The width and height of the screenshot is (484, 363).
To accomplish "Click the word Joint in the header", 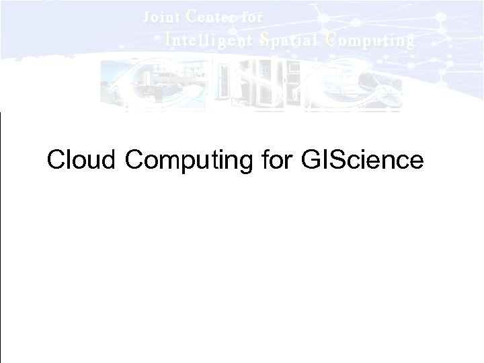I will (x=161, y=17).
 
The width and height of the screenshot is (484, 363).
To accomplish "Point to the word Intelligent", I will (x=209, y=40).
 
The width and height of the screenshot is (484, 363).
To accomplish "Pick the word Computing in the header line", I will (x=370, y=40).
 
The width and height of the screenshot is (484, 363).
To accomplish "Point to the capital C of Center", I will (x=191, y=16).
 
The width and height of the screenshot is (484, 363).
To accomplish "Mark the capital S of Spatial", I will (x=264, y=40).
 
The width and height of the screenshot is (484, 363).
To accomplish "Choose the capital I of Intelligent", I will (x=168, y=40).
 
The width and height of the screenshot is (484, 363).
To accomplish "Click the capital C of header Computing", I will (x=329, y=40).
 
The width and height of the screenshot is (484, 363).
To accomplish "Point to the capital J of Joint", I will (x=147, y=17).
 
